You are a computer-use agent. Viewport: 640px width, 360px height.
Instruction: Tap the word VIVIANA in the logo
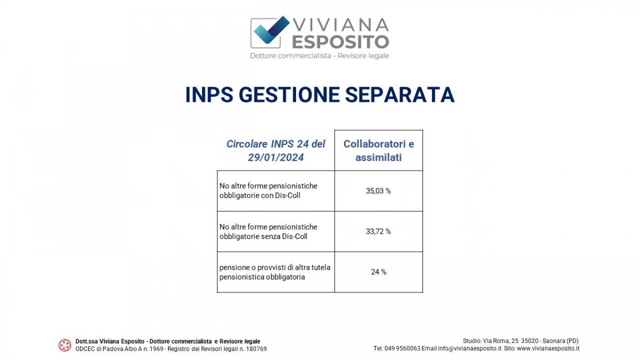pyautogui.click(x=341, y=25)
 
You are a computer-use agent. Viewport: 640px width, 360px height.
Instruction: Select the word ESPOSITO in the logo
pyautogui.click(x=340, y=42)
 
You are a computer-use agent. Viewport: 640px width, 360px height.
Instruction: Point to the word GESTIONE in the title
pyautogui.click(x=289, y=94)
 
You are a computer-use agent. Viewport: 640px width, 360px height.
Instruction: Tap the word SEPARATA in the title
pyautogui.click(x=400, y=94)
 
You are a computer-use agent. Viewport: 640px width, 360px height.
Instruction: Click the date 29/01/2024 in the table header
pyautogui.click(x=276, y=157)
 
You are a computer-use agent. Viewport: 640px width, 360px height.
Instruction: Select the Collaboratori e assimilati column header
pyautogui.click(x=379, y=150)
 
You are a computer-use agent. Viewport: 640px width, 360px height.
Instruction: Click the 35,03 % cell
pyautogui.click(x=378, y=191)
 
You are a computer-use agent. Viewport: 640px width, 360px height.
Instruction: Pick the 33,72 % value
pyautogui.click(x=378, y=231)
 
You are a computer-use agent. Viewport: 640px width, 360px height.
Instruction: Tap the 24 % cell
pyautogui.click(x=379, y=272)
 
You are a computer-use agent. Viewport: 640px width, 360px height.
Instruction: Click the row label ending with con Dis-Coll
pyautogui.click(x=268, y=190)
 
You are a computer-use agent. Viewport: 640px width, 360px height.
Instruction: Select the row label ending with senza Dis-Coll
pyautogui.click(x=268, y=231)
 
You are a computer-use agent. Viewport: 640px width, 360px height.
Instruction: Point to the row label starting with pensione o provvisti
pyautogui.click(x=275, y=272)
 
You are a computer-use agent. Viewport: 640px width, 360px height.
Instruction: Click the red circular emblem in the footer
pyautogui.click(x=65, y=345)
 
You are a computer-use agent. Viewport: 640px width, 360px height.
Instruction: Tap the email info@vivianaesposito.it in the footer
pyautogui.click(x=470, y=349)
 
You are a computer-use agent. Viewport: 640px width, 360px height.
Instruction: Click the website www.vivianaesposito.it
pyautogui.click(x=548, y=349)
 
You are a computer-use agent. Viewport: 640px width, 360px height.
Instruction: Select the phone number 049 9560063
pyautogui.click(x=402, y=349)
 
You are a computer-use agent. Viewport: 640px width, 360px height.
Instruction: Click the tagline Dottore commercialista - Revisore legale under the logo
pyautogui.click(x=319, y=55)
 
